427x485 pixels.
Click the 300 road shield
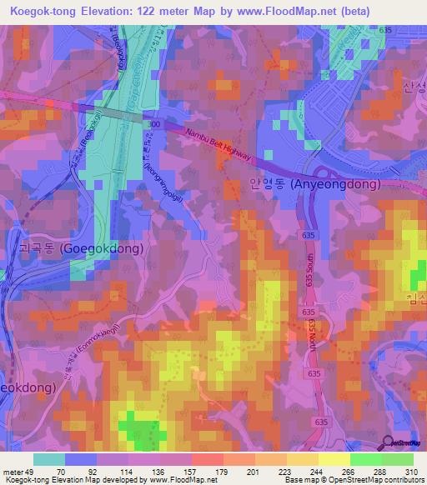[x=153, y=122]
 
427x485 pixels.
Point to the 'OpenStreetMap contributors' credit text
[x=371, y=480]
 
